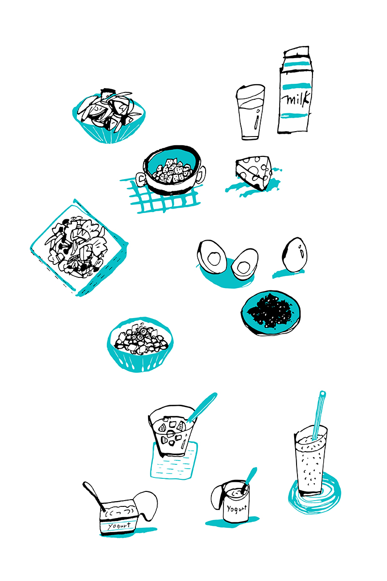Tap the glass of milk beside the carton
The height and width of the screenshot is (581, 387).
click(250, 112)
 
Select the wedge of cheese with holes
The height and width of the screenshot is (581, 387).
click(254, 172)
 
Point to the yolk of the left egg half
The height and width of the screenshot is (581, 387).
click(214, 259)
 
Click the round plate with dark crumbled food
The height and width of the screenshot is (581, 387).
click(270, 313)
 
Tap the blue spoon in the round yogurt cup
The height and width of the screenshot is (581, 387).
click(249, 480)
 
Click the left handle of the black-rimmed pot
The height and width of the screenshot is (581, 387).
click(141, 179)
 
